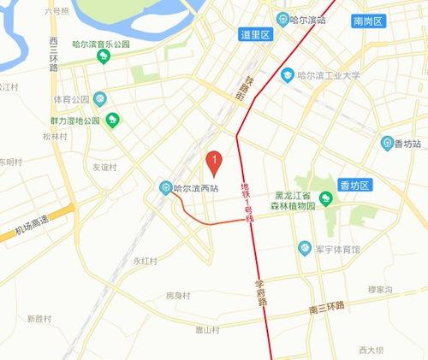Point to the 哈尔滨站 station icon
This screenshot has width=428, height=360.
point(283,19)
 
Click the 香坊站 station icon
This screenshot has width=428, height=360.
point(388,142)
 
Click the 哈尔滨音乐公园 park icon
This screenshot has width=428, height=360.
point(104,56)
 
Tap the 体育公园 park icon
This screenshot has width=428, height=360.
point(100,98)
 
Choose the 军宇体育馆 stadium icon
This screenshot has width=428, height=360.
point(304,248)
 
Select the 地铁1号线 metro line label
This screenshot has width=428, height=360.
point(247,202)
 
